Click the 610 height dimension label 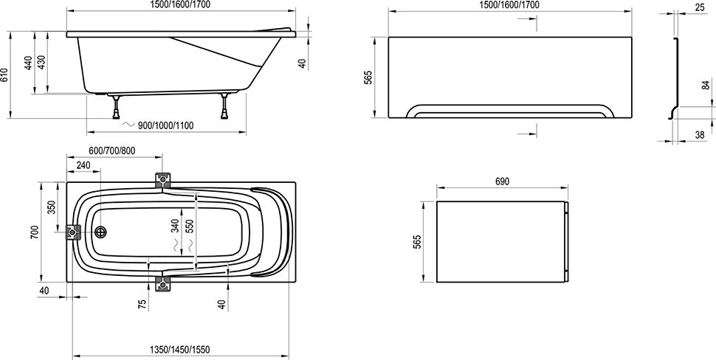(x=6, y=75)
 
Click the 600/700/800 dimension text (x=111, y=150)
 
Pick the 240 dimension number (x=83, y=166)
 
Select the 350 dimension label (x=52, y=207)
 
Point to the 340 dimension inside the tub (x=175, y=225)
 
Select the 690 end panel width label (x=502, y=181)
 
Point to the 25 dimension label (x=698, y=7)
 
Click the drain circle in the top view (x=102, y=232)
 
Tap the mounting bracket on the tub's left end (x=73, y=232)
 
